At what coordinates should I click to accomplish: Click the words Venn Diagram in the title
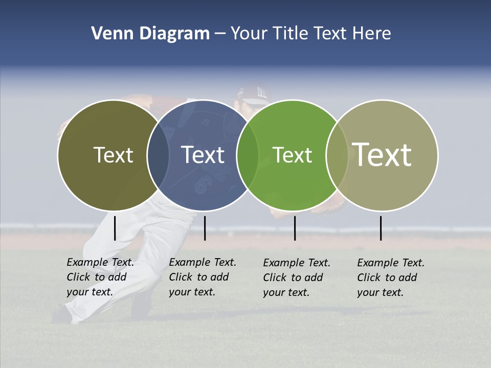click(x=150, y=34)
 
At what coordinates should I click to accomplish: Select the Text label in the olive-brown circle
click(x=113, y=155)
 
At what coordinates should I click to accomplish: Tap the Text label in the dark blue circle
click(x=203, y=155)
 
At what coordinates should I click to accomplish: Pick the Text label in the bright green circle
click(x=293, y=155)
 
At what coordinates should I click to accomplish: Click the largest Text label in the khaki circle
click(x=382, y=154)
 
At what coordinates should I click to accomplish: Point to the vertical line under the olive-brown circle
click(x=115, y=228)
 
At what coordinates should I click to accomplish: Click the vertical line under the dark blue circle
click(x=205, y=228)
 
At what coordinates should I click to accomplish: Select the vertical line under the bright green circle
click(x=295, y=228)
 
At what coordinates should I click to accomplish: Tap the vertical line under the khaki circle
click(x=381, y=228)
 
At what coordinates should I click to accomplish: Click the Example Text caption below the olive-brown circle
click(x=100, y=277)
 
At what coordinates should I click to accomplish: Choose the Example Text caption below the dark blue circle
click(x=203, y=277)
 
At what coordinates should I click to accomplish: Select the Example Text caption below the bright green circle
click(x=297, y=278)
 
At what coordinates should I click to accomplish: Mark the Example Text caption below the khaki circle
click(x=391, y=278)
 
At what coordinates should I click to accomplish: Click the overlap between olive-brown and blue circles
click(x=158, y=155)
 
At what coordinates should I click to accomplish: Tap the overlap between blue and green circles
click(x=248, y=155)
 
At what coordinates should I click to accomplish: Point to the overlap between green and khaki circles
click(x=337, y=155)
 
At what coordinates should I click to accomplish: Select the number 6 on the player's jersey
click(x=201, y=185)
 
